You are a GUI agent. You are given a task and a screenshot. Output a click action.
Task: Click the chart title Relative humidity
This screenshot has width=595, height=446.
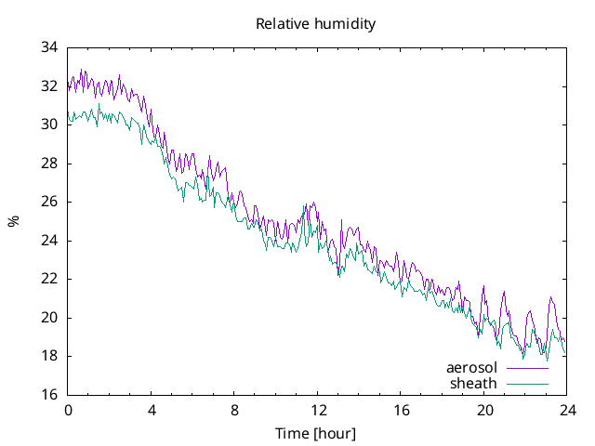pos(316,24)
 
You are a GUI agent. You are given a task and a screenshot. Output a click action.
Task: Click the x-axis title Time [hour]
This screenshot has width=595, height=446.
pos(316,434)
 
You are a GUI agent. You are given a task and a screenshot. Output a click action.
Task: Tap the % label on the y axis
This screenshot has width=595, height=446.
pos(13,221)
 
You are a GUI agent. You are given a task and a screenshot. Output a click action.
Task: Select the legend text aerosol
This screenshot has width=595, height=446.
pos(471,368)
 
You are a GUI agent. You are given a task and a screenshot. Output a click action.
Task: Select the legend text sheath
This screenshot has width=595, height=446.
pos(473,383)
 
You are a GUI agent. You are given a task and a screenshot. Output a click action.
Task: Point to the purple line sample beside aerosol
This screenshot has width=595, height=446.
pos(526,369)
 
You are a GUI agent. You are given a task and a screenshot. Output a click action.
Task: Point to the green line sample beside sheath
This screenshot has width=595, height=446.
pos(526,384)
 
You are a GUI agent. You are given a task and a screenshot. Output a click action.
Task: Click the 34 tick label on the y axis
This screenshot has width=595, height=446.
pos(49,47)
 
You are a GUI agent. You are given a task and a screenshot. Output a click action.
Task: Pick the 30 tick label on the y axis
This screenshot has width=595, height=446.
pos(49,125)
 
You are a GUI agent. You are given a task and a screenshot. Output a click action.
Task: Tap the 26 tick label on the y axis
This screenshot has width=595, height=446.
pos(49,202)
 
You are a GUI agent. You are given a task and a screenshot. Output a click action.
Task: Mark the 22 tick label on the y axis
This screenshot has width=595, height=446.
pos(49,279)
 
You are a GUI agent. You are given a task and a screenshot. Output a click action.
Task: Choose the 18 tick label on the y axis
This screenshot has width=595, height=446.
pos(49,356)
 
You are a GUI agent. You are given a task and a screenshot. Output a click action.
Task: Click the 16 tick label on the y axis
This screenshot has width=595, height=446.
pos(49,395)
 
